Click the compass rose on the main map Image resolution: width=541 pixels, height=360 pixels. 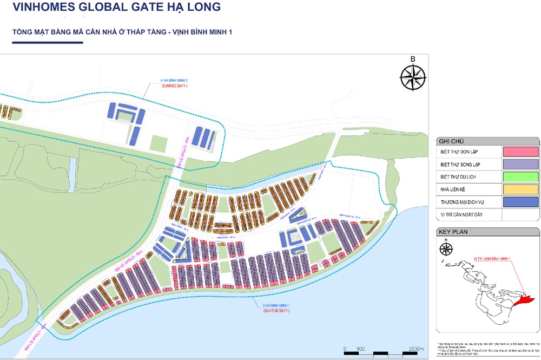[413, 76]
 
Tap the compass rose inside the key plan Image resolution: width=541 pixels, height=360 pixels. [446, 250]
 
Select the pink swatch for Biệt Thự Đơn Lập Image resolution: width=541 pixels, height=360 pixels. [520, 152]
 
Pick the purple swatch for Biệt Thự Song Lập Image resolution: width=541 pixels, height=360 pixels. [520, 164]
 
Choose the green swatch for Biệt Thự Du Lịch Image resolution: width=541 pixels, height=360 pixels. [520, 176]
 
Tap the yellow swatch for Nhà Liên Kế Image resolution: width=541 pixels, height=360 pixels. [520, 189]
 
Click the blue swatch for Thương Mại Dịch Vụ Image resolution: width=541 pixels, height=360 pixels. [520, 201]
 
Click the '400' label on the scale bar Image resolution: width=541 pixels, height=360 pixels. [361, 348]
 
